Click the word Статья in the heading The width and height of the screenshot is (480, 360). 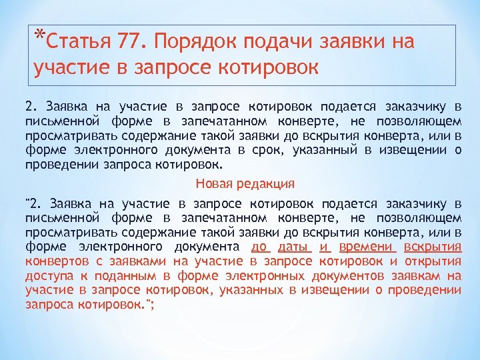coord(77,42)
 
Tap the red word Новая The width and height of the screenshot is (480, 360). coord(213,183)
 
